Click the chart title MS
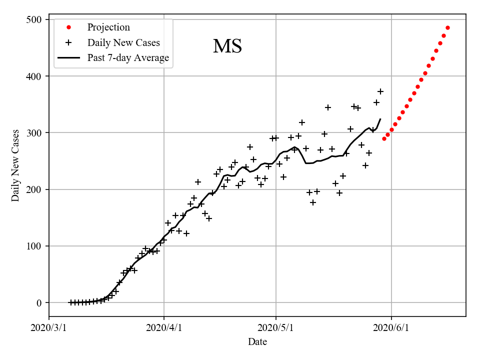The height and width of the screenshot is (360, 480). tap(227, 46)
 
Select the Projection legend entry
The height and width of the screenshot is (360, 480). tap(108, 27)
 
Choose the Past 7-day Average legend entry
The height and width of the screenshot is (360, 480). tap(128, 58)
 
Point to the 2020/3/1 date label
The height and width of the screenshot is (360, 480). tap(49, 328)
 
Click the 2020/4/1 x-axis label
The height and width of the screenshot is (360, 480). tap(164, 328)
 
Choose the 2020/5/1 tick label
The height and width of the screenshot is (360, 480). tap(275, 328)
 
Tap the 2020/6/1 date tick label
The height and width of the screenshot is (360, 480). tap(391, 328)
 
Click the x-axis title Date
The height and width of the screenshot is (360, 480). tap(257, 342)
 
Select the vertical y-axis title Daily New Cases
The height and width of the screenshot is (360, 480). tap(15, 165)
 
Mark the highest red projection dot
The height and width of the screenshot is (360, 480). tap(447, 28)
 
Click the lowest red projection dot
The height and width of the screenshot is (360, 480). tap(384, 138)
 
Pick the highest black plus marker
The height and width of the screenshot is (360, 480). tap(380, 91)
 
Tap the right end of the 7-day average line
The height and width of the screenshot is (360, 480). tap(380, 119)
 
